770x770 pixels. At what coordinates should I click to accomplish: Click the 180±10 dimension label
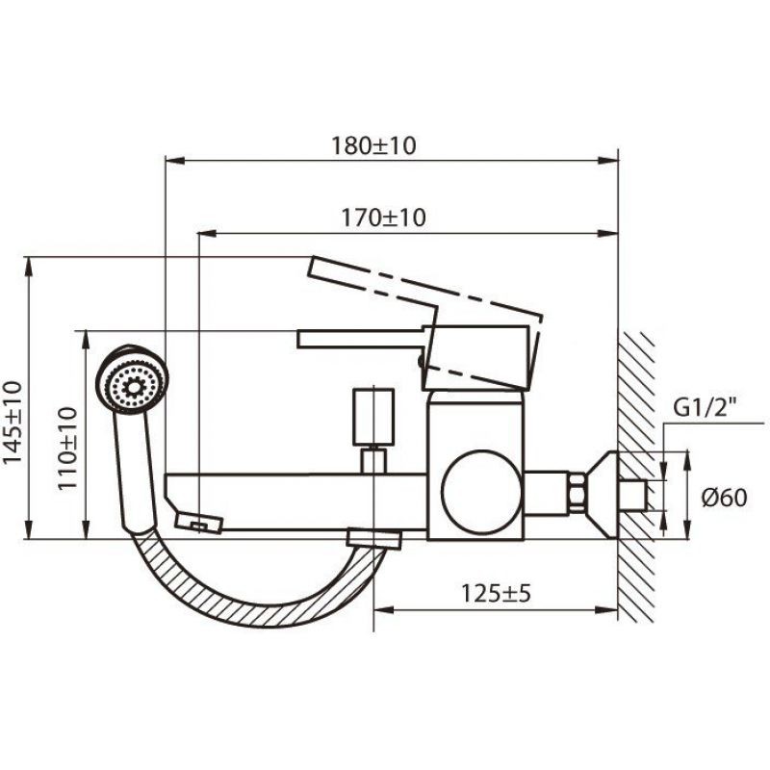[373, 145]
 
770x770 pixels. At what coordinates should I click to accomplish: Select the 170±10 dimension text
[383, 218]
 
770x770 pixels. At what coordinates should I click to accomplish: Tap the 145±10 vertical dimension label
[13, 422]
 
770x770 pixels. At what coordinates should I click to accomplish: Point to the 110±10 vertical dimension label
[67, 449]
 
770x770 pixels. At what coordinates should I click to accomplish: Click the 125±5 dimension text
[496, 593]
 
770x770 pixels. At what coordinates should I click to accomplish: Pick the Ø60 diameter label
[725, 498]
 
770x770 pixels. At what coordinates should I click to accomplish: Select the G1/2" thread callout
[706, 408]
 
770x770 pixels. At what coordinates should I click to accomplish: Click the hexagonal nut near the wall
[577, 494]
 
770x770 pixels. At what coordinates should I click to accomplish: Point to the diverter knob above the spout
[373, 410]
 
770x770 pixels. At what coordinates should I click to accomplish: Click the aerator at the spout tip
[199, 523]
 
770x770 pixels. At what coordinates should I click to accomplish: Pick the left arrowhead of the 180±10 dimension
[175, 160]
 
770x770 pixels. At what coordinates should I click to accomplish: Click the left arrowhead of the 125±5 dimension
[384, 610]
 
